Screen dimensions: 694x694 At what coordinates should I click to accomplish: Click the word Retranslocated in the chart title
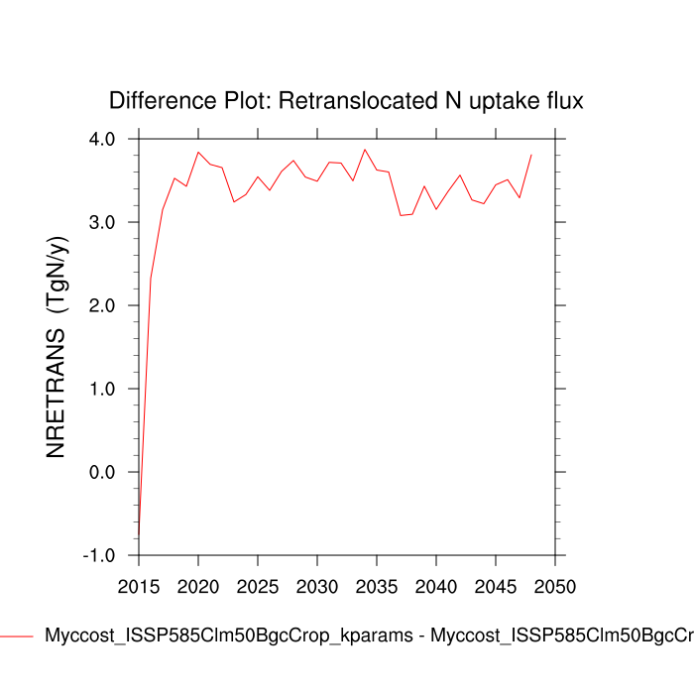[366, 101]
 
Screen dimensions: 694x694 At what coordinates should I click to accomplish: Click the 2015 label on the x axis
[140, 586]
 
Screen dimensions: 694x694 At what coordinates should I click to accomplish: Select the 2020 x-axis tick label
[198, 586]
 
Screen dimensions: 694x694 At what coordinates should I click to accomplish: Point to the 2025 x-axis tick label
[257, 586]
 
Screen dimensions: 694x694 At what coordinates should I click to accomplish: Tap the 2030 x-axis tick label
[316, 586]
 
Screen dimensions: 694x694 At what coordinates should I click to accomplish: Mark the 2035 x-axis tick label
[375, 586]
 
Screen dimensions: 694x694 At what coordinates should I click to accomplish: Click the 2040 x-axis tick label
[434, 586]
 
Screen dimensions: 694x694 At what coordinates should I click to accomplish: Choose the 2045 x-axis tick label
[493, 586]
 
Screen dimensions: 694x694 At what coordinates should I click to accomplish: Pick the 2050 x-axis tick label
[552, 586]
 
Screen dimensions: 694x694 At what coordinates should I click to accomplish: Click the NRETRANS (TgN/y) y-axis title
[57, 347]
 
